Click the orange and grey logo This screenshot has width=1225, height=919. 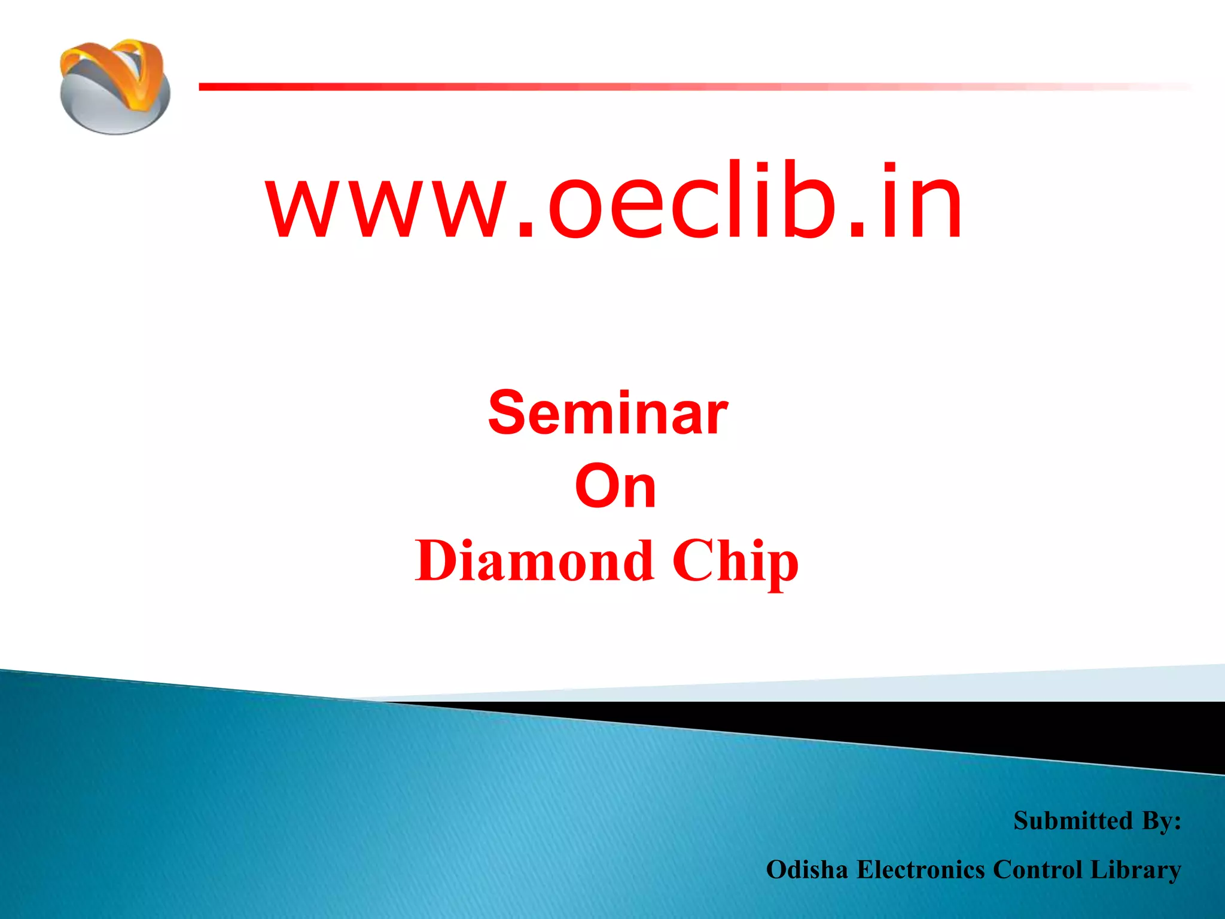pos(115,87)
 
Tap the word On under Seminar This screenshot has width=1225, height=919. pos(615,488)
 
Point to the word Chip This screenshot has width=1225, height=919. pos(735,562)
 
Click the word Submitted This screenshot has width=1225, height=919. pos(1072,820)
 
